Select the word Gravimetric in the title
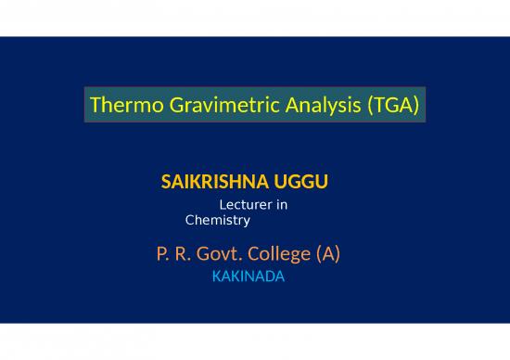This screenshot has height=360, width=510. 205,107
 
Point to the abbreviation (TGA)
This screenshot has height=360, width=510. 390,107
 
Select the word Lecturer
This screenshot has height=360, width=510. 245,204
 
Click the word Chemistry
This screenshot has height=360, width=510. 218,221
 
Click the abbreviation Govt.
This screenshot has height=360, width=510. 212,252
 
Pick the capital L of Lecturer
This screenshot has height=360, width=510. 222,204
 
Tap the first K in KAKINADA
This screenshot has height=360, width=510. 217,276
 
